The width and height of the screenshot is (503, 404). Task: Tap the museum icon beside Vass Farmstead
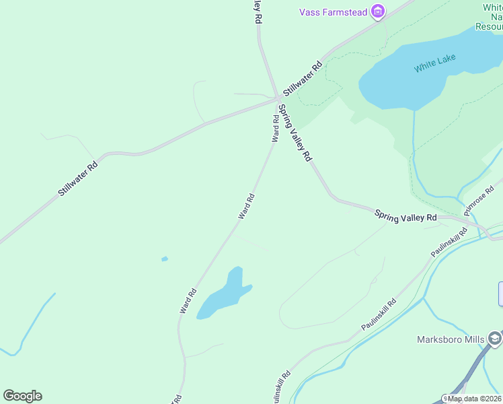379,11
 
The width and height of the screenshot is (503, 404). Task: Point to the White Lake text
434,63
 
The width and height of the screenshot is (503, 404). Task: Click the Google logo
22,396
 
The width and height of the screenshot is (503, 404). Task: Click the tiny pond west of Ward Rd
165,259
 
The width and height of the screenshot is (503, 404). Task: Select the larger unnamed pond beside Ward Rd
224,295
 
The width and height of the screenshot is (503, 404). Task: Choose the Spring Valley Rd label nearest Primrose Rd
405,217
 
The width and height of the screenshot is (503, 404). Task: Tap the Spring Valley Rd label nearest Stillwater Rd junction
295,133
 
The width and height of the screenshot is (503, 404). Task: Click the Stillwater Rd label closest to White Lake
303,78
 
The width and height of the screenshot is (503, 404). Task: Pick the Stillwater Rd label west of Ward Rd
78,178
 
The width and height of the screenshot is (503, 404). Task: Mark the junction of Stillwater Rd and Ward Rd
277,99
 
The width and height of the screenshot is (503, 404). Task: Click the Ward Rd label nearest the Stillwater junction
275,128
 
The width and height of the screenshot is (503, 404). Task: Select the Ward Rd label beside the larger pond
188,300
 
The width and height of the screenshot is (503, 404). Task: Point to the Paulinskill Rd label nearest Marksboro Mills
379,314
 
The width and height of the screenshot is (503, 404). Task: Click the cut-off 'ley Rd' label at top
256,12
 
